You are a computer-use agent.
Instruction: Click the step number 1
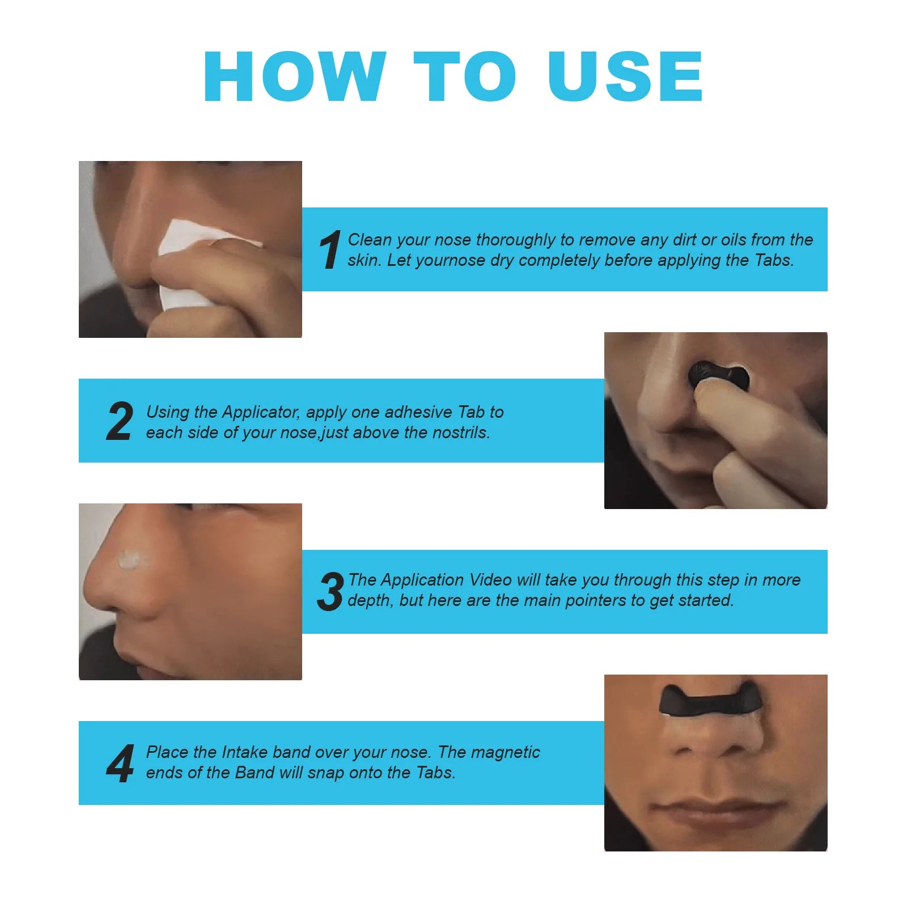tap(330, 250)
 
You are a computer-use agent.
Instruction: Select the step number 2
tap(120, 421)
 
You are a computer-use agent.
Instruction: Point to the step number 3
tap(331, 592)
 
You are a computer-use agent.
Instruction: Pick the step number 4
tap(120, 764)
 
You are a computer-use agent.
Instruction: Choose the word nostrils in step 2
tap(460, 433)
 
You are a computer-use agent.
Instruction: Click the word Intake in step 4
tap(244, 752)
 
